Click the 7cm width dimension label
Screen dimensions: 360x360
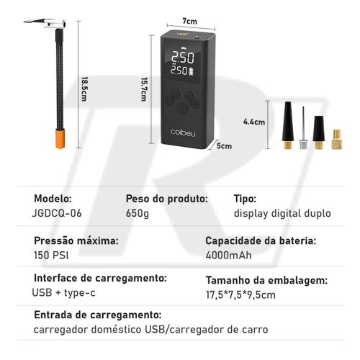tap(189, 21)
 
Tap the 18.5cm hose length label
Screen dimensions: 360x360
tap(84, 89)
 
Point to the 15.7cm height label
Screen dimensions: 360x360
tap(144, 89)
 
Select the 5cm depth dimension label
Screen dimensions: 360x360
tap(224, 146)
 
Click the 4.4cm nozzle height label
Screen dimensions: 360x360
tap(254, 122)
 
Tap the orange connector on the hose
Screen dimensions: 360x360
tap(60, 139)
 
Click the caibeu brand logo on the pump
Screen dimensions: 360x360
tap(183, 132)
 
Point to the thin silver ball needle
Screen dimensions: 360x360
tap(303, 127)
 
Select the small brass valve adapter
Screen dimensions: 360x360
tap(337, 140)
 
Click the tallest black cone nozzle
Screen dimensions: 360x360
tap(288, 125)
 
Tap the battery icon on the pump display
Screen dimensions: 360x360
tap(192, 71)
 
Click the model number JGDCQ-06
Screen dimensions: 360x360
tap(57, 213)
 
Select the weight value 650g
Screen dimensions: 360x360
tap(138, 213)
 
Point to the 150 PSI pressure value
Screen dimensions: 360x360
tap(51, 255)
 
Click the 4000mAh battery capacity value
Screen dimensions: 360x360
tap(228, 256)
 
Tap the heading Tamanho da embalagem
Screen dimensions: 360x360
tap(266, 280)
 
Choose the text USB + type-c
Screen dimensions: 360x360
tap(63, 292)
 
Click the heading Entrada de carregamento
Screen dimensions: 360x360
tap(98, 315)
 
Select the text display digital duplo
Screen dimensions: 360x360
tap(282, 213)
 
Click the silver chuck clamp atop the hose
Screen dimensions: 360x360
tap(48, 24)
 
